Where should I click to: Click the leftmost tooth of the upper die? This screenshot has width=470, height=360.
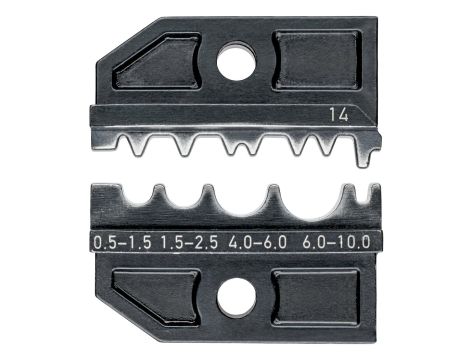pyautogui.click(x=111, y=147)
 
